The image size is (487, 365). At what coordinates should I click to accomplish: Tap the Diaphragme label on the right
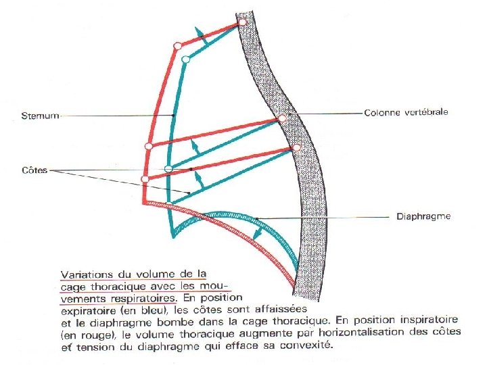click(x=423, y=217)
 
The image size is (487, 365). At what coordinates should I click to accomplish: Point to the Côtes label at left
click(x=34, y=170)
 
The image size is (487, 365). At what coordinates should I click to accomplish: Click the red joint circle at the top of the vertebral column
click(x=243, y=24)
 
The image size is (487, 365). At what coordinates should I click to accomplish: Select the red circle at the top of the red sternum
click(x=177, y=46)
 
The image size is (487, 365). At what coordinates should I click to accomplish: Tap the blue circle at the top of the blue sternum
click(x=186, y=59)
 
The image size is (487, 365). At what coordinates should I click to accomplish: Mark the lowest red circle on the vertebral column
click(x=296, y=147)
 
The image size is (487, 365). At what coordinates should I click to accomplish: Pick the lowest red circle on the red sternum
click(x=145, y=178)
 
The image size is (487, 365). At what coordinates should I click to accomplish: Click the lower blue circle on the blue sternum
click(x=168, y=168)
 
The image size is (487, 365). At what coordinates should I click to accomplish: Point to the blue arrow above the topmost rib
click(x=198, y=34)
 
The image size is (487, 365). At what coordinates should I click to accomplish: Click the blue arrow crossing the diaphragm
click(x=258, y=233)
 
